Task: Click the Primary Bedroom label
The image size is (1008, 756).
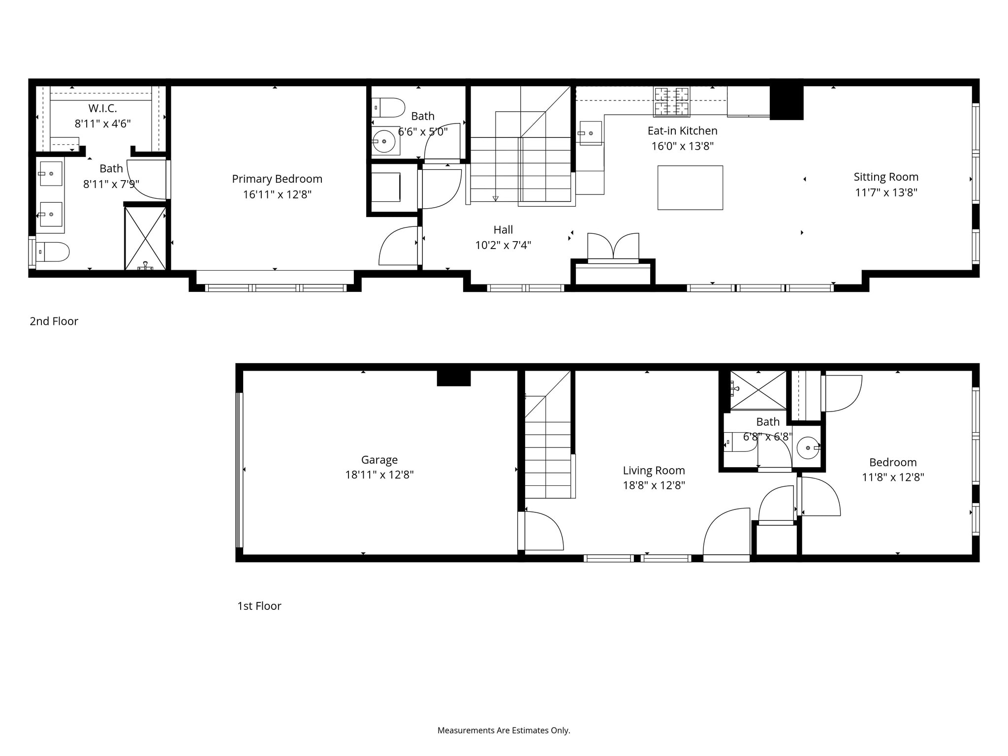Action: pyautogui.click(x=277, y=179)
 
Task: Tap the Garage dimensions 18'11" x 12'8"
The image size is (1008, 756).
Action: pyautogui.click(x=379, y=475)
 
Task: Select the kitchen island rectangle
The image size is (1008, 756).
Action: pyautogui.click(x=690, y=188)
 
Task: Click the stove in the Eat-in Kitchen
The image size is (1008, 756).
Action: pyautogui.click(x=671, y=101)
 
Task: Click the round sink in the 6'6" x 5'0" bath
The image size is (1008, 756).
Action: pyautogui.click(x=384, y=142)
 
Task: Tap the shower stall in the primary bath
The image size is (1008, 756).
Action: pyautogui.click(x=145, y=238)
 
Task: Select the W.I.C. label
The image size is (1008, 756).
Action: pyautogui.click(x=102, y=108)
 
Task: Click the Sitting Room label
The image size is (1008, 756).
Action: pyautogui.click(x=886, y=177)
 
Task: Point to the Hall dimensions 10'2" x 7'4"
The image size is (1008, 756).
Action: pyautogui.click(x=503, y=245)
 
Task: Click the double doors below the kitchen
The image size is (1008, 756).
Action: pyautogui.click(x=613, y=246)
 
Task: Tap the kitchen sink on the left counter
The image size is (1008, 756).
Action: pyautogui.click(x=590, y=133)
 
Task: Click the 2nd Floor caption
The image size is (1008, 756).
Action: pyautogui.click(x=54, y=321)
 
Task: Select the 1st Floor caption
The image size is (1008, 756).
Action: pyautogui.click(x=259, y=606)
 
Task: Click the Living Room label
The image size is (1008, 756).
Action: pyautogui.click(x=654, y=471)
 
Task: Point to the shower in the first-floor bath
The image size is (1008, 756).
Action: pyautogui.click(x=758, y=390)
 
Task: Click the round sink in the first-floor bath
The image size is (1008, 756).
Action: pyautogui.click(x=808, y=448)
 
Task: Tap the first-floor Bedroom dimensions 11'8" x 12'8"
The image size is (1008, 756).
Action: pyautogui.click(x=893, y=477)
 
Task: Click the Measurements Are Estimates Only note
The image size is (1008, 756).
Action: pyautogui.click(x=504, y=730)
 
